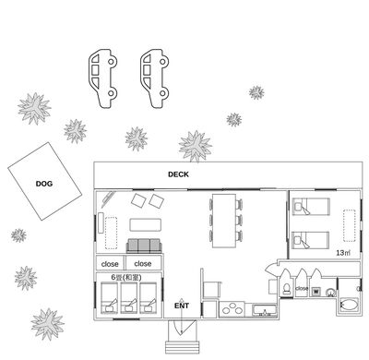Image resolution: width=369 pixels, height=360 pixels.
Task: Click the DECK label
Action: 178,174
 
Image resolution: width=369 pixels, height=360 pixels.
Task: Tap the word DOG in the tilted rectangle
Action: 44,184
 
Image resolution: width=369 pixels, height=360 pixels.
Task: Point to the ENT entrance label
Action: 182,306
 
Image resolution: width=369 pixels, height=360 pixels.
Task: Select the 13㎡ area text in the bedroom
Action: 343,253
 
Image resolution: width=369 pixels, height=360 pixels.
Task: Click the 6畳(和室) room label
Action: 126,277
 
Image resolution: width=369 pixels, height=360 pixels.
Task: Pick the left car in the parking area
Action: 102,78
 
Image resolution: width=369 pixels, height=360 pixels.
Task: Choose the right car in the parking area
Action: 154,78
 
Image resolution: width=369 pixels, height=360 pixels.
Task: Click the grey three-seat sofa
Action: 144,246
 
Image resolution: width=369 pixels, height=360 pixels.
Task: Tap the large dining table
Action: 224,221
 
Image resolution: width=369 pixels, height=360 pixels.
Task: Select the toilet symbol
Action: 286,289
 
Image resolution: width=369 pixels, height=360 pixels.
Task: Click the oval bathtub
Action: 349,306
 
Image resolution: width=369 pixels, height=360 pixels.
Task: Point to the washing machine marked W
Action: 315,291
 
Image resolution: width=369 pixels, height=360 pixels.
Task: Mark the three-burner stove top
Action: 232,309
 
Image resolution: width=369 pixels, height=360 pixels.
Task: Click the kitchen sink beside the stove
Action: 265,310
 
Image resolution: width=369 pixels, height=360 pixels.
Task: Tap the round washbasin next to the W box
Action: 330,292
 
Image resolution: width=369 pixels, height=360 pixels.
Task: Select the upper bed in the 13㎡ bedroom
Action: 311,206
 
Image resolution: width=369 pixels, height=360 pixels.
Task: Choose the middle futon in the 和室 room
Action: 129,298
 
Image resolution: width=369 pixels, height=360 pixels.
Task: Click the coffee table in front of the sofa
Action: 145,225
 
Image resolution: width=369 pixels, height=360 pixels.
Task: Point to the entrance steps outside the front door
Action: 183,347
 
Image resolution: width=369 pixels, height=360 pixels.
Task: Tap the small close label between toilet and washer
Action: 302,289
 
